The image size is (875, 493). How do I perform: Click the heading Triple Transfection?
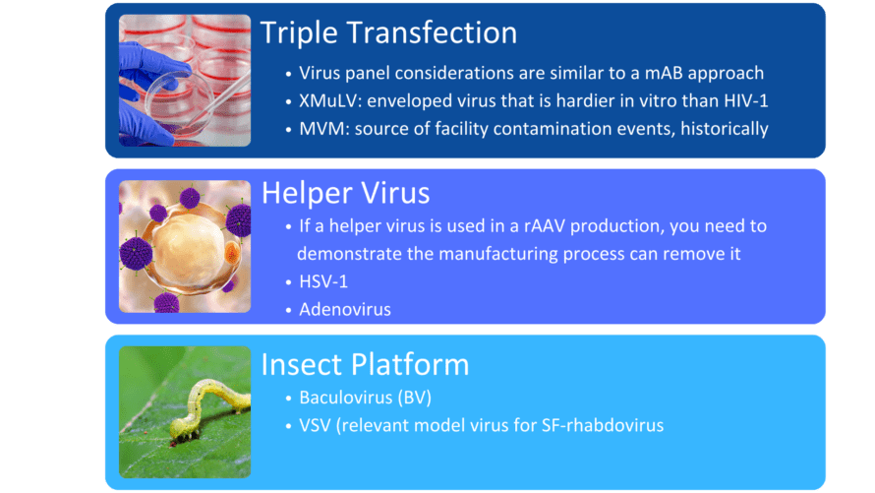tap(388, 32)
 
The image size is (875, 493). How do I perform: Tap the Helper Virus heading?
tap(345, 193)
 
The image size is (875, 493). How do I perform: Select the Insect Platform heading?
tap(365, 365)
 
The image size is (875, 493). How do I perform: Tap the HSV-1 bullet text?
tap(323, 282)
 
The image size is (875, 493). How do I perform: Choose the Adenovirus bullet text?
tap(345, 310)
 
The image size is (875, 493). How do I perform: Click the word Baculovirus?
tap(345, 398)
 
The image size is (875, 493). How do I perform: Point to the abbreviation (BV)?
tap(415, 399)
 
